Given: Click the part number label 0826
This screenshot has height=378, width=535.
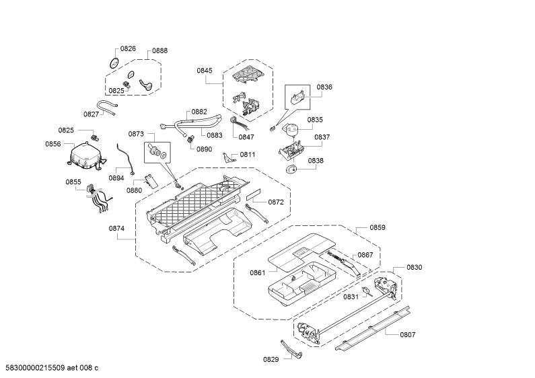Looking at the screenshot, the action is pyautogui.click(x=128, y=49).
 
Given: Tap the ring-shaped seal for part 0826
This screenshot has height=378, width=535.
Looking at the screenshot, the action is pyautogui.click(x=114, y=63).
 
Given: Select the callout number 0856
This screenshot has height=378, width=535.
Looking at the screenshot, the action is pyautogui.click(x=53, y=145).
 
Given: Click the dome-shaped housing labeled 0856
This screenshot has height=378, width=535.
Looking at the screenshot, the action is pyautogui.click(x=86, y=155).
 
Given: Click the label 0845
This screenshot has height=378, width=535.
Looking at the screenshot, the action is pyautogui.click(x=205, y=71).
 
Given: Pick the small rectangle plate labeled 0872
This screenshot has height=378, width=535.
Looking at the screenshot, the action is pyautogui.click(x=254, y=196).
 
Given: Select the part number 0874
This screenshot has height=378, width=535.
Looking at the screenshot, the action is pyautogui.click(x=116, y=229).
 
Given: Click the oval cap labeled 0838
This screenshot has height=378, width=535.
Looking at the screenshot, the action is pyautogui.click(x=290, y=169).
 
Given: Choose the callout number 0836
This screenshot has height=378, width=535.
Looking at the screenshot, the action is pyautogui.click(x=324, y=87).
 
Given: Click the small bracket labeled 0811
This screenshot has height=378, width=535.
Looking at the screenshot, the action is pyautogui.click(x=228, y=157).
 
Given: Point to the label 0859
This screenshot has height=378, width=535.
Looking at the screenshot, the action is pyautogui.click(x=378, y=227).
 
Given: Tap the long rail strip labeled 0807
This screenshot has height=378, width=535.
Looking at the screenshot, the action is pyautogui.click(x=373, y=328).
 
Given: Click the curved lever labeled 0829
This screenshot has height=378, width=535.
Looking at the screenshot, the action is pyautogui.click(x=291, y=349).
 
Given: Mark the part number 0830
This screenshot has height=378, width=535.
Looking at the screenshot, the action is pyautogui.click(x=415, y=268).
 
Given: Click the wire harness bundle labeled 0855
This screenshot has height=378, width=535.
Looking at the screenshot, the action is pyautogui.click(x=99, y=198).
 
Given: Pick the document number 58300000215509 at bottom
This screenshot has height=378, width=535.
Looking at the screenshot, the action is pyautogui.click(x=35, y=368).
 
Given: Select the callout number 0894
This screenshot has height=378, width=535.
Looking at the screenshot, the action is pyautogui.click(x=116, y=178).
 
